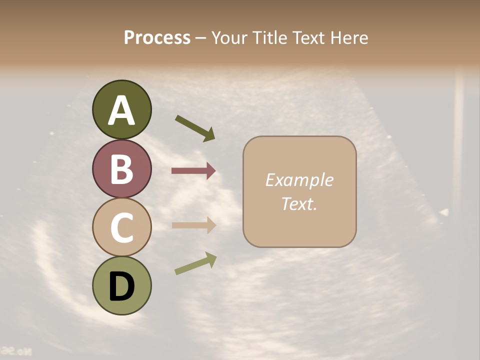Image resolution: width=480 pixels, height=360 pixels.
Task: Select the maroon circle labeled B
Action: tap(121, 168)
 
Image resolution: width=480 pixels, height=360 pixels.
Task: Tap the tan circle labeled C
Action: tap(121, 227)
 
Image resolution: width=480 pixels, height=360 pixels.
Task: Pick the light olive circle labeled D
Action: tap(121, 285)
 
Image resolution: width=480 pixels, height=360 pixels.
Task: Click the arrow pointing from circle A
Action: tap(195, 127)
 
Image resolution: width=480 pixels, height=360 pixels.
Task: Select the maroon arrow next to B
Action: tap(193, 171)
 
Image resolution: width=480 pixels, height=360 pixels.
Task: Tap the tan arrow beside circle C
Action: tap(193, 225)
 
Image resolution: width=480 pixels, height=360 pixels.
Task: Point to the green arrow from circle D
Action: tap(195, 263)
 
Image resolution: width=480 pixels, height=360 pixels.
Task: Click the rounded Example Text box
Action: tap(299, 192)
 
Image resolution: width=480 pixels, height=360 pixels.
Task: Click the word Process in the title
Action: tap(157, 37)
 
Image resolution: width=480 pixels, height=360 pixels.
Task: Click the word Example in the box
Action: tap(299, 180)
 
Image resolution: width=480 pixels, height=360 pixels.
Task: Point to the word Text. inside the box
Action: tap(299, 203)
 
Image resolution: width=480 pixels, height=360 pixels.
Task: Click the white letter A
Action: tap(121, 110)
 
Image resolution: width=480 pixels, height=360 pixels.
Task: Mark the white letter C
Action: tap(121, 228)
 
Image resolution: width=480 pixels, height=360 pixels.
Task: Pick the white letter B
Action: tap(121, 169)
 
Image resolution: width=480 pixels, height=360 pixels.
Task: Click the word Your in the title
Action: tap(230, 37)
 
